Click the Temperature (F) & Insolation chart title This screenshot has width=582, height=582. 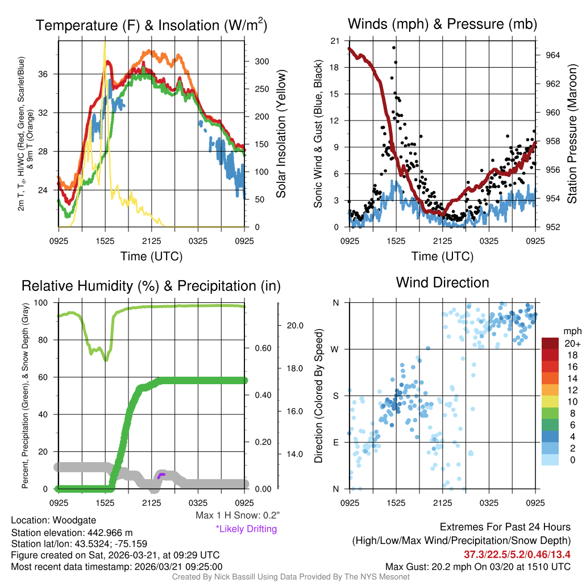(151, 26)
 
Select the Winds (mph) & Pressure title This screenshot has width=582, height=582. (442, 24)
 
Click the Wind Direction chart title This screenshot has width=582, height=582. (442, 282)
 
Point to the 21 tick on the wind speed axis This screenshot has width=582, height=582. (335, 41)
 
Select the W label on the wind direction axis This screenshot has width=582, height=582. (335, 349)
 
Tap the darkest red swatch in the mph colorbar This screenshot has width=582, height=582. (551, 343)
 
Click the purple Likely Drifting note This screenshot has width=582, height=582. (246, 529)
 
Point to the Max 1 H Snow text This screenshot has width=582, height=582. (238, 516)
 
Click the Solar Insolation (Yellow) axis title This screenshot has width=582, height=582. (280, 134)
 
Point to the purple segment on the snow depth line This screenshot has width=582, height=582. (161, 475)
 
